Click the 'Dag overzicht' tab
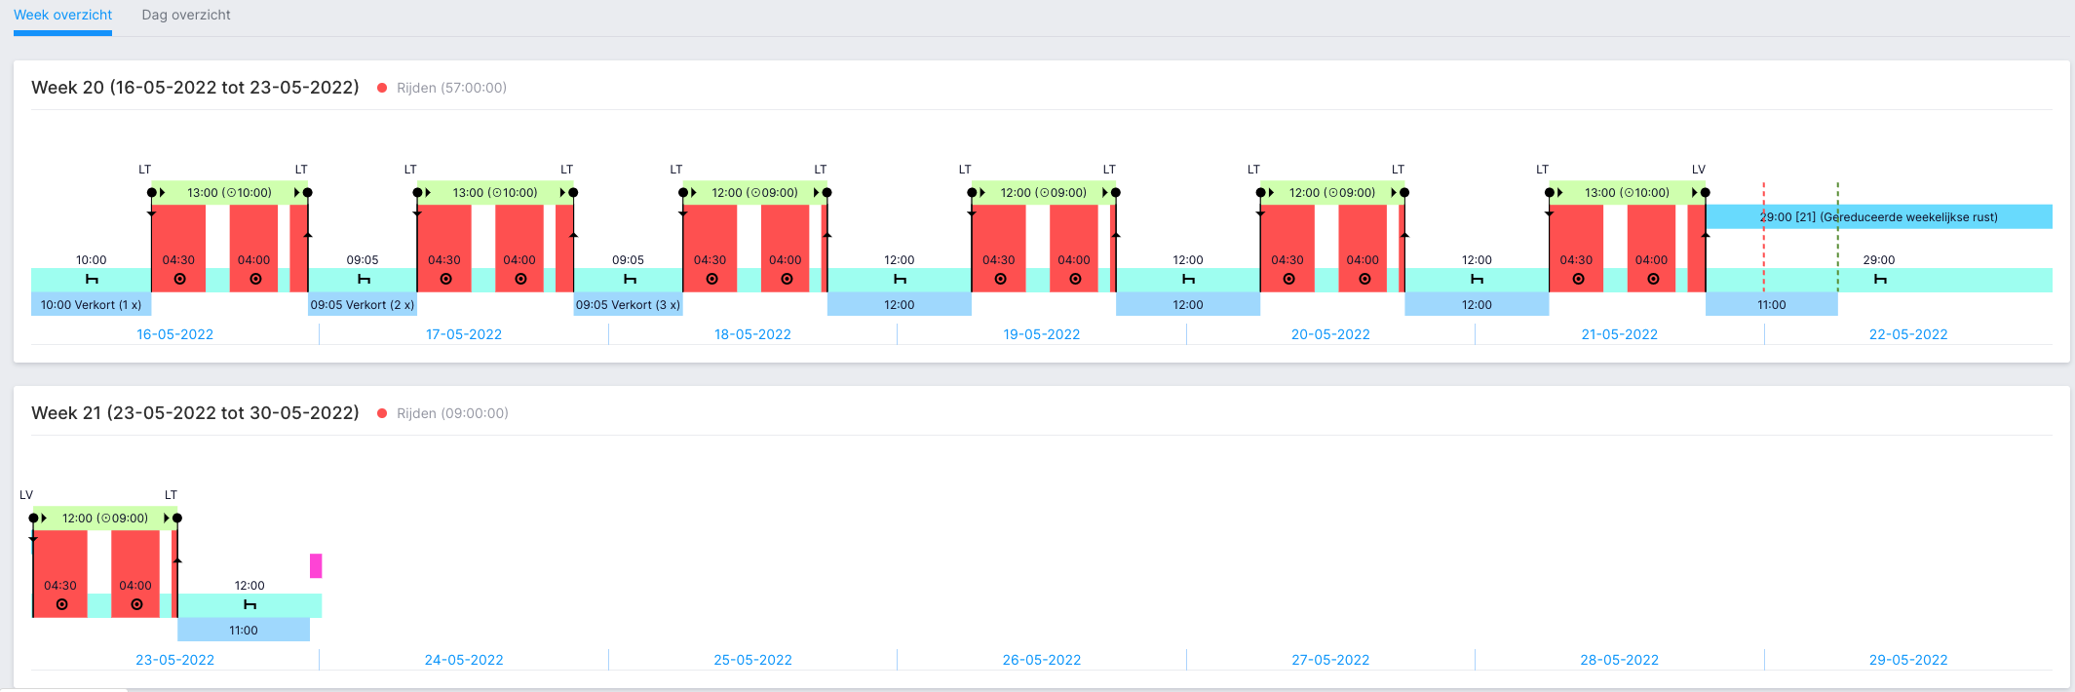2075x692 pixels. [186, 15]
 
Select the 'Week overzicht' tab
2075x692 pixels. [62, 15]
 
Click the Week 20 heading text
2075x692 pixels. [195, 88]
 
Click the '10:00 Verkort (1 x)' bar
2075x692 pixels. [91, 304]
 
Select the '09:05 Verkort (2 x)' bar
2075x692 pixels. [363, 304]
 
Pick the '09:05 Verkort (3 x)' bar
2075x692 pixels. [628, 304]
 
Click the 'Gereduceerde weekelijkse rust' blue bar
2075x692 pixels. [1879, 216]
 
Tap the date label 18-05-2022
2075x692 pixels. [752, 334]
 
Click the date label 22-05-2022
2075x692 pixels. [1908, 334]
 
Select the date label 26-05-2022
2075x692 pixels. [1042, 660]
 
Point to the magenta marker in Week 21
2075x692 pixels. [316, 565]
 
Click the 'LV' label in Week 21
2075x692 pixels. [26, 495]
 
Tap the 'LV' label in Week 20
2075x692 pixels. [1699, 170]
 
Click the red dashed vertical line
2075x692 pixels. [1763, 237]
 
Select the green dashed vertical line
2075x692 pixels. [1838, 237]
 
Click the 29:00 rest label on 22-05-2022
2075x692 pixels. [1879, 260]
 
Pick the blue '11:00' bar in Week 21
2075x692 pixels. [244, 630]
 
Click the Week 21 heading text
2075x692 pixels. [195, 413]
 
